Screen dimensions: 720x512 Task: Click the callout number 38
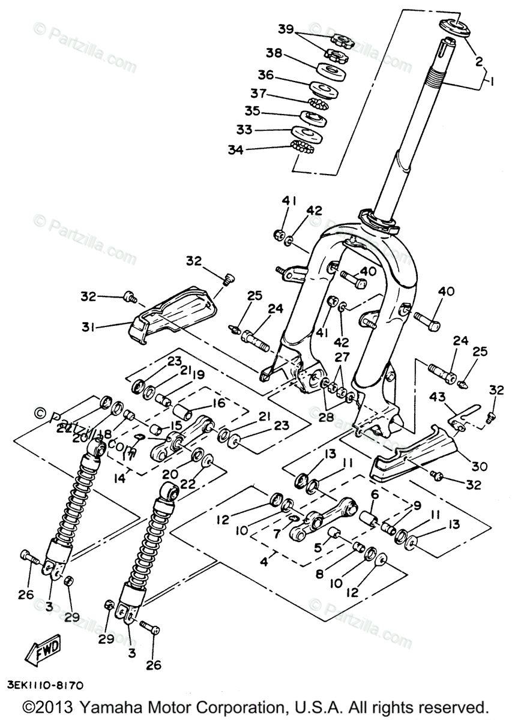coord(274,53)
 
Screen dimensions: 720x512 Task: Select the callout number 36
coord(265,75)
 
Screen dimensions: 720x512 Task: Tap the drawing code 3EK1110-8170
coord(45,684)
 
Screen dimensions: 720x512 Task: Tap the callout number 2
coord(478,61)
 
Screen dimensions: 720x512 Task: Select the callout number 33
coord(244,130)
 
